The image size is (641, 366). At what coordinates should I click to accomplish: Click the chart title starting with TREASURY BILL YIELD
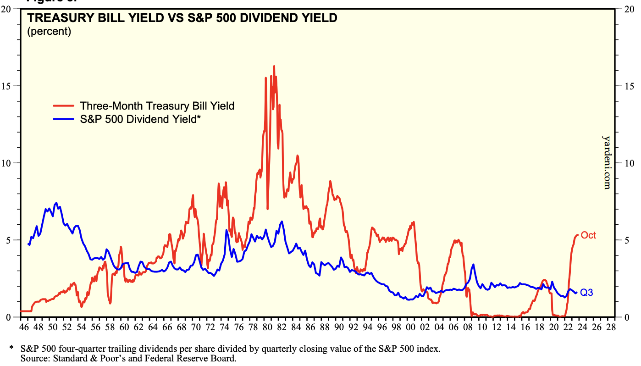coord(182,18)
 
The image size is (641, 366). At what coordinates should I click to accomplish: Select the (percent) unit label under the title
coord(49,32)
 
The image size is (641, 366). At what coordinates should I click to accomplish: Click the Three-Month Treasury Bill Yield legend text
coord(157,106)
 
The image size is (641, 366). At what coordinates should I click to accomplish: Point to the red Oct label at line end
coord(588,235)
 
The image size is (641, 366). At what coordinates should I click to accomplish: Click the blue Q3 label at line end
coord(586,292)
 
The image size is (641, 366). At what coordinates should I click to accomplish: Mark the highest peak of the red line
coord(274,67)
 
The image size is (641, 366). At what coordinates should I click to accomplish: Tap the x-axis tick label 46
coord(24,327)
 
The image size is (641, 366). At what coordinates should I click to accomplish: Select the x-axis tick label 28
coord(610,327)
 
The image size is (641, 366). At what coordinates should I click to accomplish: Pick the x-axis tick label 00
coord(410,327)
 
